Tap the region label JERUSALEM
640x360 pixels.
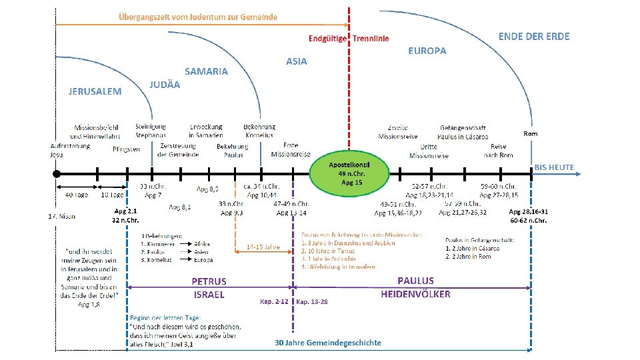click(95, 91)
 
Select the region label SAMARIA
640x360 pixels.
click(206, 71)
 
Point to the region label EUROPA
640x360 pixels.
click(427, 51)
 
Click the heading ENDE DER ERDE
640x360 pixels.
click(534, 36)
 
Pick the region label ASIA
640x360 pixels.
click(297, 61)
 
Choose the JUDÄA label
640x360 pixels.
click(165, 85)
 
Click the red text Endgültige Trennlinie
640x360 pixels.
click(349, 39)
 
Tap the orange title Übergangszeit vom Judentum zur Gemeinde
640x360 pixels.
click(198, 16)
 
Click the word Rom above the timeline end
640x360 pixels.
click(531, 134)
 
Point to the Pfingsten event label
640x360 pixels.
click(126, 149)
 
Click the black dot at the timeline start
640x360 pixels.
click(57, 173)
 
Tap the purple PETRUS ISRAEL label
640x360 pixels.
click(209, 288)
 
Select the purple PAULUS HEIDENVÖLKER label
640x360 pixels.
click(415, 287)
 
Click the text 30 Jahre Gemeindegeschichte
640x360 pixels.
click(329, 343)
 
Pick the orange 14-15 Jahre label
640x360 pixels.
click(263, 246)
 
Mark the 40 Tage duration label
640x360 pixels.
click(76, 195)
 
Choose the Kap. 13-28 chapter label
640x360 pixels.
click(312, 301)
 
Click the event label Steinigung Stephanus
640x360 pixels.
click(151, 131)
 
